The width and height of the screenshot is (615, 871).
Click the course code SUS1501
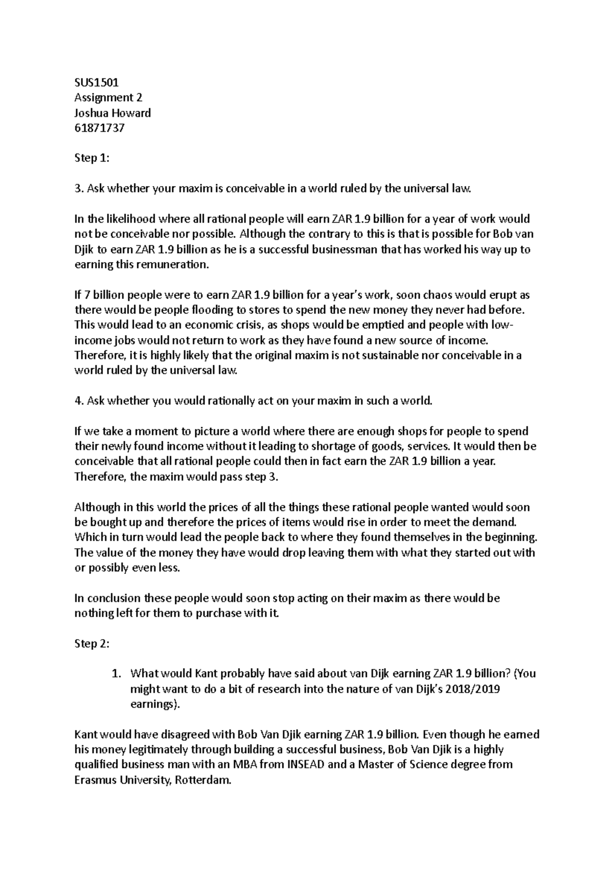96,82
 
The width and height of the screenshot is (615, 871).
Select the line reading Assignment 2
108,97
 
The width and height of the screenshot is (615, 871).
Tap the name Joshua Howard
113,112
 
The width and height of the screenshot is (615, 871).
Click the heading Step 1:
92,158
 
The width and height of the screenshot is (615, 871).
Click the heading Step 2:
92,644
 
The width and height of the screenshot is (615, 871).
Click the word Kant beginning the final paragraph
86,735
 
